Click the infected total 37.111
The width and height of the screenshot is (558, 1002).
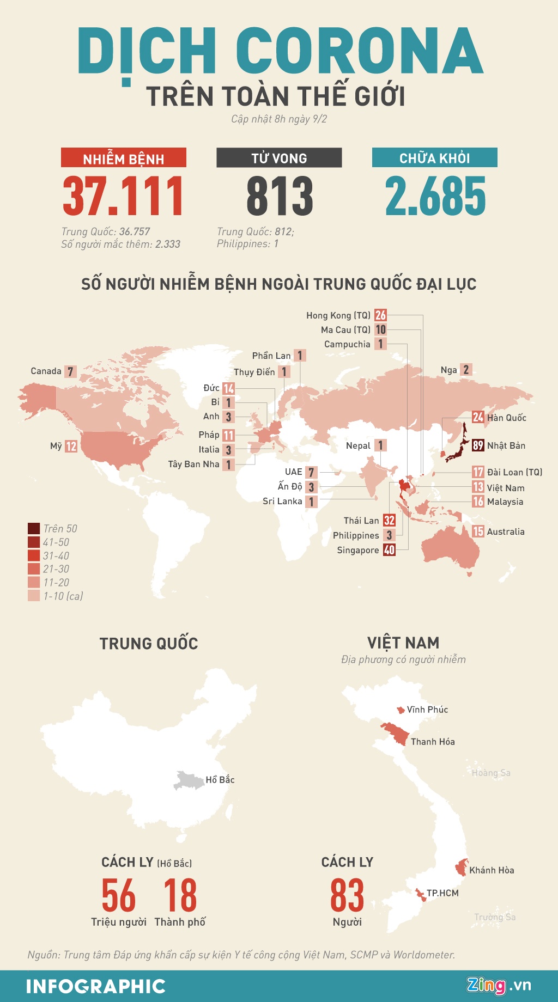123,197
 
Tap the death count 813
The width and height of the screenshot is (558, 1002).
280,197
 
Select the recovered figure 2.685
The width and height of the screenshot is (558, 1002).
435,197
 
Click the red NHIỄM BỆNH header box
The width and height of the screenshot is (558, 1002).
124,158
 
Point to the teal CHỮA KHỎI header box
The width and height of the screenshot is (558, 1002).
434,158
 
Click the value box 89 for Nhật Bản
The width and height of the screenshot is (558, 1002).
478,445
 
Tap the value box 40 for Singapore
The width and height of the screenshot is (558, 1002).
389,550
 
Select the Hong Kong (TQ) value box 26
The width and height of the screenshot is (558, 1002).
380,315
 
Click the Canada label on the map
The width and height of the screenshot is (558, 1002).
46,371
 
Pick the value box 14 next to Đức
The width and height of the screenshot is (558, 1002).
228,388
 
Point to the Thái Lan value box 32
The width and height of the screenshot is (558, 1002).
389,521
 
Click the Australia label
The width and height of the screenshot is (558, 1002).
506,531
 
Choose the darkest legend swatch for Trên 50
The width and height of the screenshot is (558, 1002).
34,528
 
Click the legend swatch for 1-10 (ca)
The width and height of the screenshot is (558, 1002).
34,596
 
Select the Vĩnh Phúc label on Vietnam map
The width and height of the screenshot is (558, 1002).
427,710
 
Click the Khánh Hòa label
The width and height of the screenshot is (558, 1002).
492,870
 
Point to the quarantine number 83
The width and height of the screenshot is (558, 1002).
347,895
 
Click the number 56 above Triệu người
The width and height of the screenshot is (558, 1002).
119,895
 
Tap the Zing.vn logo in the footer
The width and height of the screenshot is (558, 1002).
498,985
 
